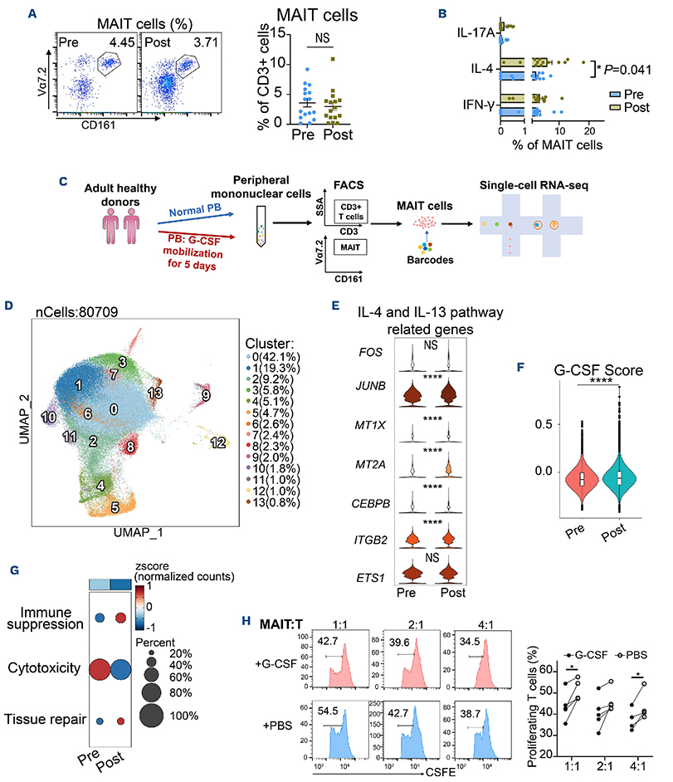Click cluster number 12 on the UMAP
coord(219,442)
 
